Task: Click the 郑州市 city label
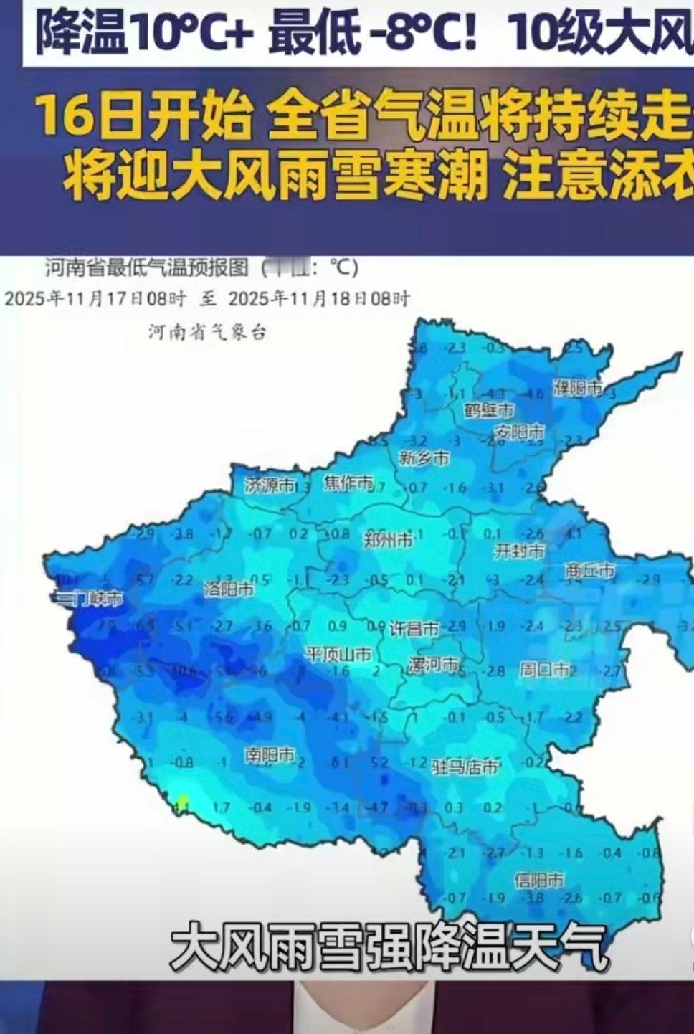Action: [389, 539]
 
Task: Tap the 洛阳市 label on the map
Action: [228, 589]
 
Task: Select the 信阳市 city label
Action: [539, 880]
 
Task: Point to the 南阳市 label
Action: [270, 755]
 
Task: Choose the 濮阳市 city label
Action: [577, 388]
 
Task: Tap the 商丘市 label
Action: [590, 571]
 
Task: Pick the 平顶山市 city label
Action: [338, 654]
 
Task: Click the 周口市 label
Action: [545, 670]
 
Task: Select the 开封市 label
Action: [520, 551]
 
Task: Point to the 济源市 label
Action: [269, 485]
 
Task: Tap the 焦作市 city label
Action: [348, 483]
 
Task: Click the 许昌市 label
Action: [414, 630]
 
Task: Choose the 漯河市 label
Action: [433, 665]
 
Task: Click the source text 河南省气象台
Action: [207, 332]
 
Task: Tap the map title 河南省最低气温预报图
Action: [147, 268]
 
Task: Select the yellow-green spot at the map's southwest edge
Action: [183, 800]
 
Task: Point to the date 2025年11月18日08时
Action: [319, 298]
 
